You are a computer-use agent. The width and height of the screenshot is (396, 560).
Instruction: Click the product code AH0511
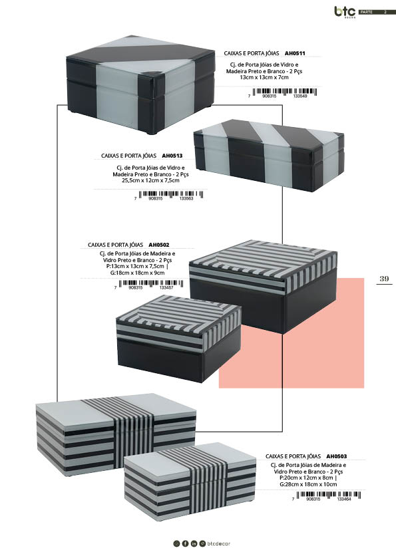[295, 53]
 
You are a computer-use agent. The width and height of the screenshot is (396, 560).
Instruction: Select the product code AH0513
[172, 156]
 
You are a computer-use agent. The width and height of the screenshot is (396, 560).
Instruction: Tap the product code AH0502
[159, 245]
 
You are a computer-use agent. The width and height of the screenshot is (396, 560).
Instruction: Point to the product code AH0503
[336, 456]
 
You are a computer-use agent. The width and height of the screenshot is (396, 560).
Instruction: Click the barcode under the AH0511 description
[284, 92]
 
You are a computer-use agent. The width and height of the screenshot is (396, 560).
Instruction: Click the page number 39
[384, 279]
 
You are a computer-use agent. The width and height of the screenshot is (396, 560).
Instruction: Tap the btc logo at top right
[345, 12]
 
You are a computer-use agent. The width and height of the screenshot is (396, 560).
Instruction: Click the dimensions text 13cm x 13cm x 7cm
[264, 78]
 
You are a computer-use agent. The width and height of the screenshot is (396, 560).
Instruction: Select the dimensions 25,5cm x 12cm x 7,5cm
[151, 180]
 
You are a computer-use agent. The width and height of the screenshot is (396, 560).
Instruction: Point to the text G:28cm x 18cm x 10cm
[308, 484]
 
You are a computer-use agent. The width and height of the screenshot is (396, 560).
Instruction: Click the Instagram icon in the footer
[176, 543]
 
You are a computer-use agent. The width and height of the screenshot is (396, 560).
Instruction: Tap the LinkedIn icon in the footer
[194, 543]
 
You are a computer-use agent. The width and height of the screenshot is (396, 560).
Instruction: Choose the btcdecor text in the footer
[219, 543]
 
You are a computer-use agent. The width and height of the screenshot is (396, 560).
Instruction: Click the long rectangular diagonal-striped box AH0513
[269, 155]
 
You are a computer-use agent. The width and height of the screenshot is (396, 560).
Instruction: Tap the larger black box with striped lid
[263, 286]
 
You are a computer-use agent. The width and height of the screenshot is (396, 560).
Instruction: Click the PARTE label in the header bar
[367, 12]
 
